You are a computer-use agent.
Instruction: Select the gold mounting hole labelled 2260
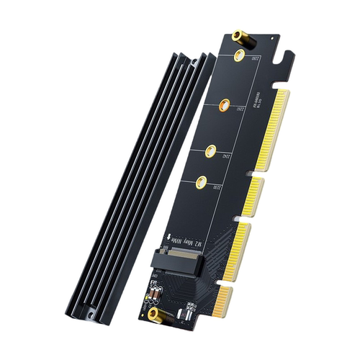tap(224, 105)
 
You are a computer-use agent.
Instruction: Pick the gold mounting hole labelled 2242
tap(211, 151)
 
